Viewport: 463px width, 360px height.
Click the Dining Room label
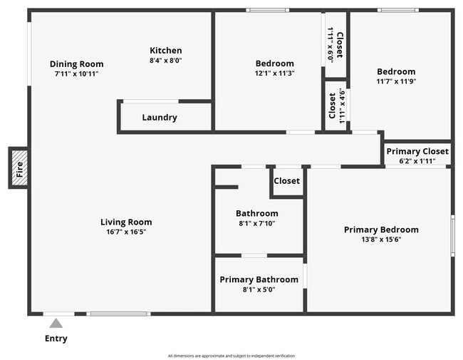coord(76,63)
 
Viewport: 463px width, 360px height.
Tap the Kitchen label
coord(165,51)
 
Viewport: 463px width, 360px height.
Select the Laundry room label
coord(160,118)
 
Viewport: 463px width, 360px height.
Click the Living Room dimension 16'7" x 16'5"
coord(126,232)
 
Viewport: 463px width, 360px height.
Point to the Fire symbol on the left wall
coord(19,168)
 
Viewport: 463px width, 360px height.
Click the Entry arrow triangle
coord(56,324)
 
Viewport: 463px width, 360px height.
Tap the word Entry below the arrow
coord(56,339)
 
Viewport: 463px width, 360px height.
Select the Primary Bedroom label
coord(381,230)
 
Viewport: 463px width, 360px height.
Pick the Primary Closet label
coord(417,151)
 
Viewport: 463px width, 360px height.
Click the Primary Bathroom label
coord(259,279)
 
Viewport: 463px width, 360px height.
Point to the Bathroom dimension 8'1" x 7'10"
coord(257,223)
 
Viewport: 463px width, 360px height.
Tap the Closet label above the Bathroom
coord(287,181)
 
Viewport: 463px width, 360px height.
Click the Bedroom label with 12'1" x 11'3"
coord(274,63)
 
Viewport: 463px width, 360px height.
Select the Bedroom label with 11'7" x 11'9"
coord(396,71)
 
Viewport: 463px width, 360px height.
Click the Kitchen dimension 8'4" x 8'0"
coord(165,61)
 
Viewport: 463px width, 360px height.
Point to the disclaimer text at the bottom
coord(231,356)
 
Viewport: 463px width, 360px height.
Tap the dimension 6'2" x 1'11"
coord(417,161)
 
